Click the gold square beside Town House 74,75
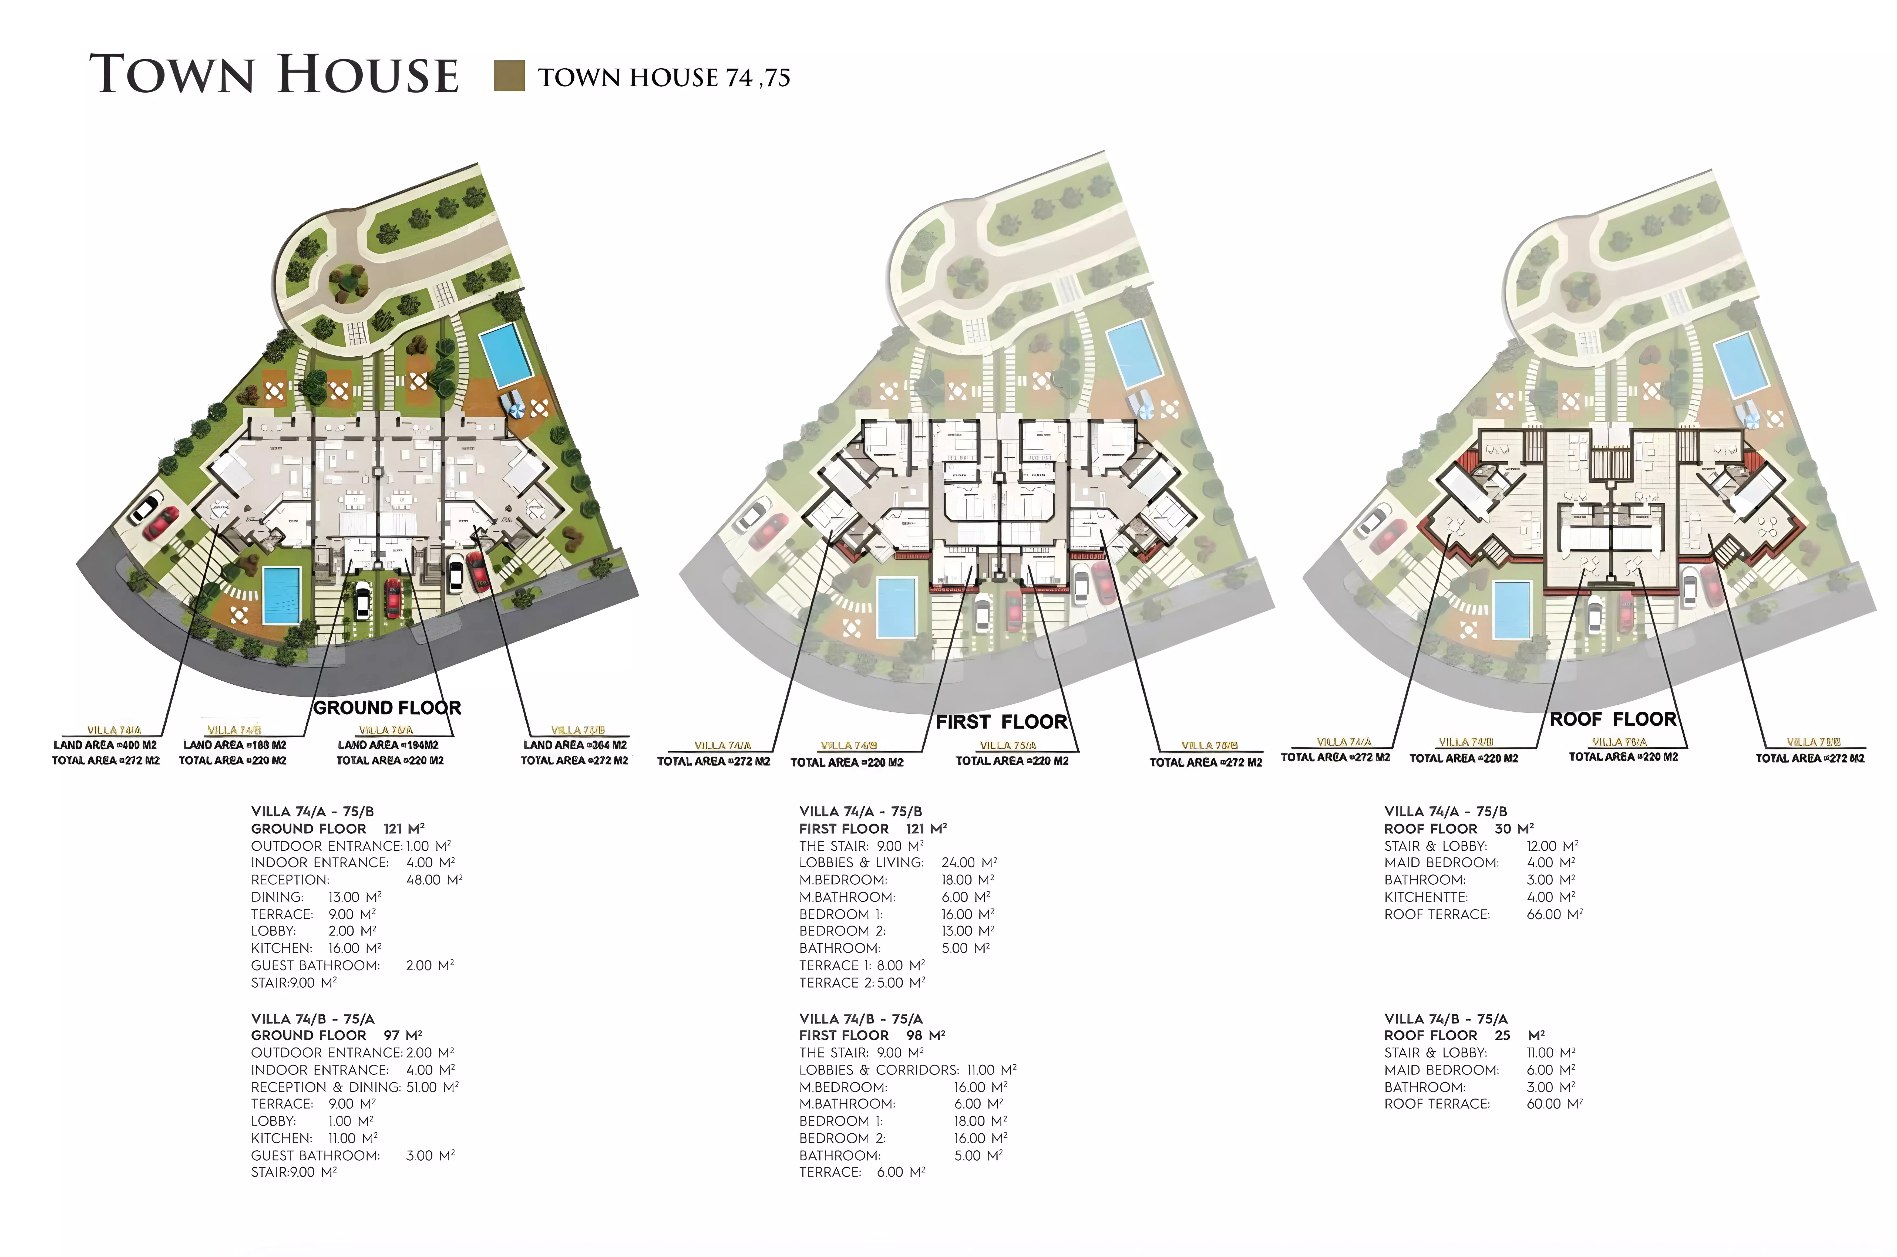[x=509, y=76]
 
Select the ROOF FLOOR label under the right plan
[x=1612, y=719]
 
